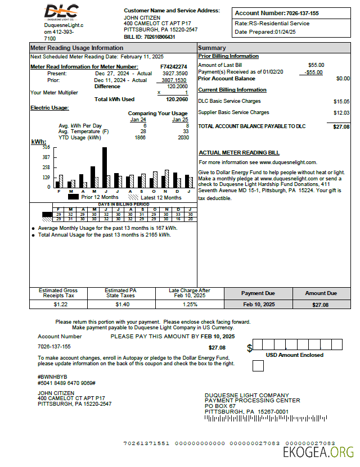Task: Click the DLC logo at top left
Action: click(x=61, y=11)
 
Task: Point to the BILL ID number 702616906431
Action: click(x=159, y=37)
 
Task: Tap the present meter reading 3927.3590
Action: click(x=175, y=74)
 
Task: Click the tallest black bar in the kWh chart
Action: click(x=105, y=167)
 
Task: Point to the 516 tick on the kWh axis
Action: click(x=46, y=147)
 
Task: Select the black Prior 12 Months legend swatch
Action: click(x=73, y=197)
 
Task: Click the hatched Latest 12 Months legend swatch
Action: click(x=133, y=197)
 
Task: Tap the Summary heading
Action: click(x=212, y=48)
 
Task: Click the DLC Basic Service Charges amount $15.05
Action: click(x=341, y=101)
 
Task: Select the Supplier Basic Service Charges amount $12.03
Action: click(x=341, y=113)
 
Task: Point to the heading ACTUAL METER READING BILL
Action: click(x=239, y=153)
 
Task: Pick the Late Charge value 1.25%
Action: click(x=190, y=304)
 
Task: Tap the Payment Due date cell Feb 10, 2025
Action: click(x=259, y=304)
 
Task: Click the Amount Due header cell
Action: click(x=321, y=293)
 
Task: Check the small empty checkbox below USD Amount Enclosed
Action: click(x=258, y=366)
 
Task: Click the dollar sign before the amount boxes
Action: click(x=249, y=348)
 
